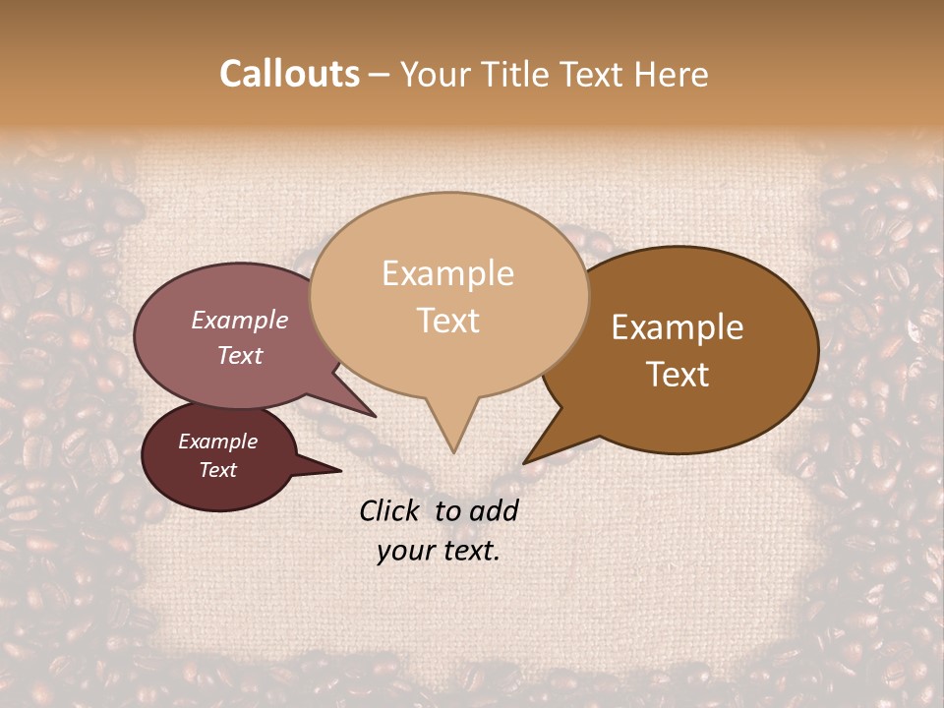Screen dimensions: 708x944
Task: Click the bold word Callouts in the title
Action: point(289,74)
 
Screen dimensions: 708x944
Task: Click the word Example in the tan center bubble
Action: point(447,273)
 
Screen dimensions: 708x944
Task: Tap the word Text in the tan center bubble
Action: point(448,321)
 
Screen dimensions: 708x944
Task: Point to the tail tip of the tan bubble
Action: point(453,447)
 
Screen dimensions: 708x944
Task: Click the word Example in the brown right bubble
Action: point(678,327)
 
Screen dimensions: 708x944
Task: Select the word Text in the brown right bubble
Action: point(678,375)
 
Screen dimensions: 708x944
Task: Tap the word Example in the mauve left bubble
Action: point(239,320)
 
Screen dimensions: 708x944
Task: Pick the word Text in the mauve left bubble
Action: point(239,355)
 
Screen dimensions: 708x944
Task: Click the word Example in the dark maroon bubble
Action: point(217,442)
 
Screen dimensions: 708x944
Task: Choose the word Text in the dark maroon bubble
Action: point(217,470)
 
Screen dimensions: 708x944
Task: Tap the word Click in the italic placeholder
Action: point(390,510)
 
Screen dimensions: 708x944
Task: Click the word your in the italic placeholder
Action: point(405,551)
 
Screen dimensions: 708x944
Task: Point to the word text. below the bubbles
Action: point(467,551)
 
